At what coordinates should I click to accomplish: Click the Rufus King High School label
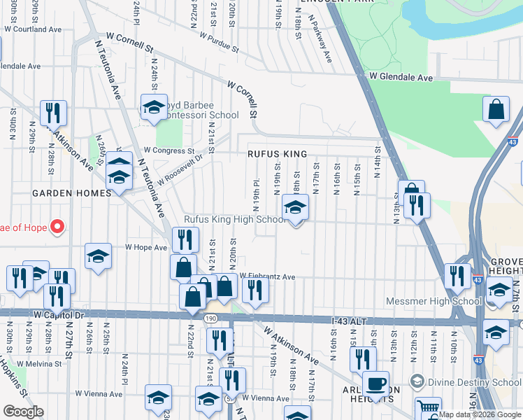[234, 220]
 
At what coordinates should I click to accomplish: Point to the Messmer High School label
[434, 302]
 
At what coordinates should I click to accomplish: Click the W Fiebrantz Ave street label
[268, 277]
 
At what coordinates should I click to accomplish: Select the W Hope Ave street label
[145, 247]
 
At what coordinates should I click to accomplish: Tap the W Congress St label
[169, 150]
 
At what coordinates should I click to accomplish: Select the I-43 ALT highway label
[348, 321]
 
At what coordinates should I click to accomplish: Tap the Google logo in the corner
[23, 412]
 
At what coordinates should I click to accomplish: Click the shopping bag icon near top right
[496, 111]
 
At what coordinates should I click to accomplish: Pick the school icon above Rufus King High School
[295, 207]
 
